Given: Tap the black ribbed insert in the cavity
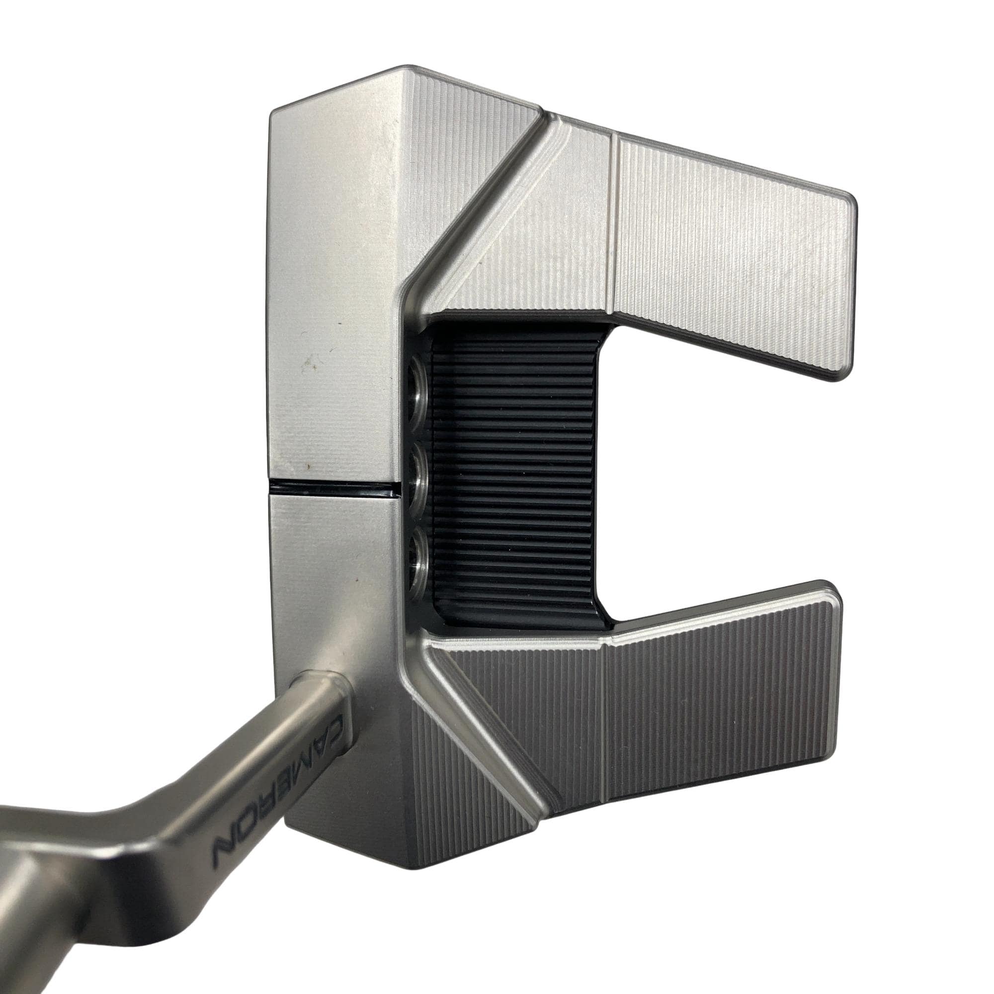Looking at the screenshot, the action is click(514, 476).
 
